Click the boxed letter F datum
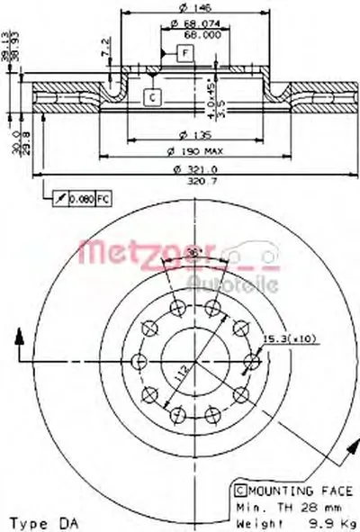(x=184, y=54)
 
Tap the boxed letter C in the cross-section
(x=151, y=97)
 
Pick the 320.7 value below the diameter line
(x=186, y=181)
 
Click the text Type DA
(x=41, y=521)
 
